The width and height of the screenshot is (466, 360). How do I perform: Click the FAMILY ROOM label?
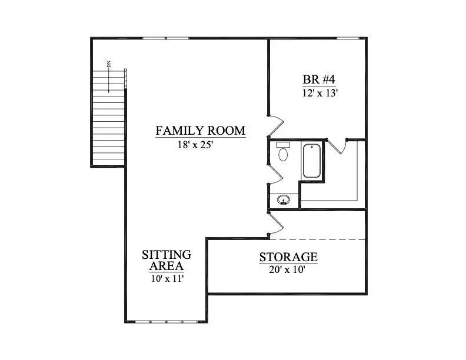(201, 131)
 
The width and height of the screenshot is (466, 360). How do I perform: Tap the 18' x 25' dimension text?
(195, 145)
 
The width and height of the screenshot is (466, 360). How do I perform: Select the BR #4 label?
(319, 79)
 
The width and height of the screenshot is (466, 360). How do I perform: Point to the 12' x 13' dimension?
(320, 94)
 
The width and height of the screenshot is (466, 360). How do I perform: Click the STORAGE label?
(288, 257)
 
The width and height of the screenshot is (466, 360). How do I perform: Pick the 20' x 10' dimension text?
(287, 269)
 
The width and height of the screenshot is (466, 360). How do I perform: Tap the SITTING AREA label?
(167, 260)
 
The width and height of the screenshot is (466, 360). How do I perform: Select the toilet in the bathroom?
(283, 152)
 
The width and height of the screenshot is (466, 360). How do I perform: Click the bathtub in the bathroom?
(311, 161)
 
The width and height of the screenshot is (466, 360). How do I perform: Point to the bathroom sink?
(284, 199)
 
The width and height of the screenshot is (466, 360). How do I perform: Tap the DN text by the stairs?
(109, 64)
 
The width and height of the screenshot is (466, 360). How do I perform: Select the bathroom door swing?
(277, 174)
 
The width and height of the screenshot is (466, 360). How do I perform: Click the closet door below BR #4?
(337, 147)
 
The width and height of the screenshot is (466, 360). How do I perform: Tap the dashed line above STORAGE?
(317, 239)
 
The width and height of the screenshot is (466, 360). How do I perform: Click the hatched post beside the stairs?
(125, 79)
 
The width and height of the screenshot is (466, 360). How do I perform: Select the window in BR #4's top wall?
(348, 38)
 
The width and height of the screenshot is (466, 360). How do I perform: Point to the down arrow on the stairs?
(109, 81)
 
